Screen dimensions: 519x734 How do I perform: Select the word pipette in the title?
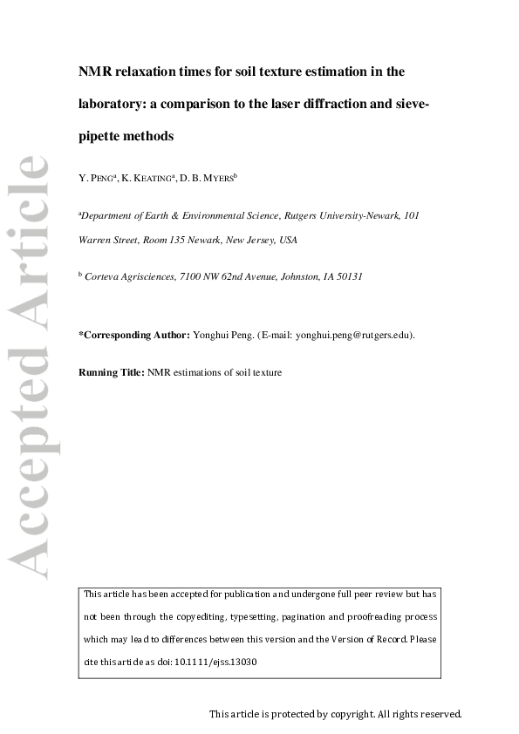pos(101,136)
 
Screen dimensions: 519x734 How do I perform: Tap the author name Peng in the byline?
pos(102,178)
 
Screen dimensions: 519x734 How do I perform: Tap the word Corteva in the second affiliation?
pos(104,276)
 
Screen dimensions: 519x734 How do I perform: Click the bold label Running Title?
pos(112,372)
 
